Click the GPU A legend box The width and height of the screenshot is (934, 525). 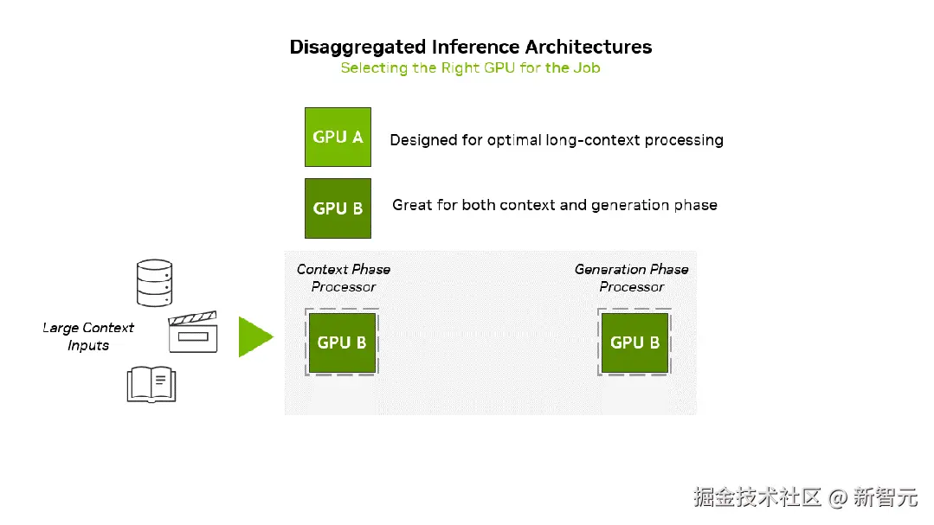[x=338, y=137]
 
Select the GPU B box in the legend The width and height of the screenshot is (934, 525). [x=338, y=208]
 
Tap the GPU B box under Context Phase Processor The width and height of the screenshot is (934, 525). [x=342, y=343]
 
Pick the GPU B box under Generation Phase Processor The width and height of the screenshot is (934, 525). [x=634, y=343]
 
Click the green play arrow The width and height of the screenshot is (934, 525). [x=255, y=337]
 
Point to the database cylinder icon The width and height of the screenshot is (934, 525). [x=154, y=283]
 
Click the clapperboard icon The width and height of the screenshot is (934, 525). [x=193, y=331]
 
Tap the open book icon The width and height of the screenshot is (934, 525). [x=151, y=385]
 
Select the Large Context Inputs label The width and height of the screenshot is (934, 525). [x=88, y=336]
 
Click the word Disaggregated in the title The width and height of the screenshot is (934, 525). [x=358, y=47]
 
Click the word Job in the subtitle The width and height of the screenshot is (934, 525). [x=587, y=67]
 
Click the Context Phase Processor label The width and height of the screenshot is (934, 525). [x=344, y=278]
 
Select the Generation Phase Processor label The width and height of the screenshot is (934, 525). [x=631, y=278]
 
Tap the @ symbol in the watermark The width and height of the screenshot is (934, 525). [x=838, y=497]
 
